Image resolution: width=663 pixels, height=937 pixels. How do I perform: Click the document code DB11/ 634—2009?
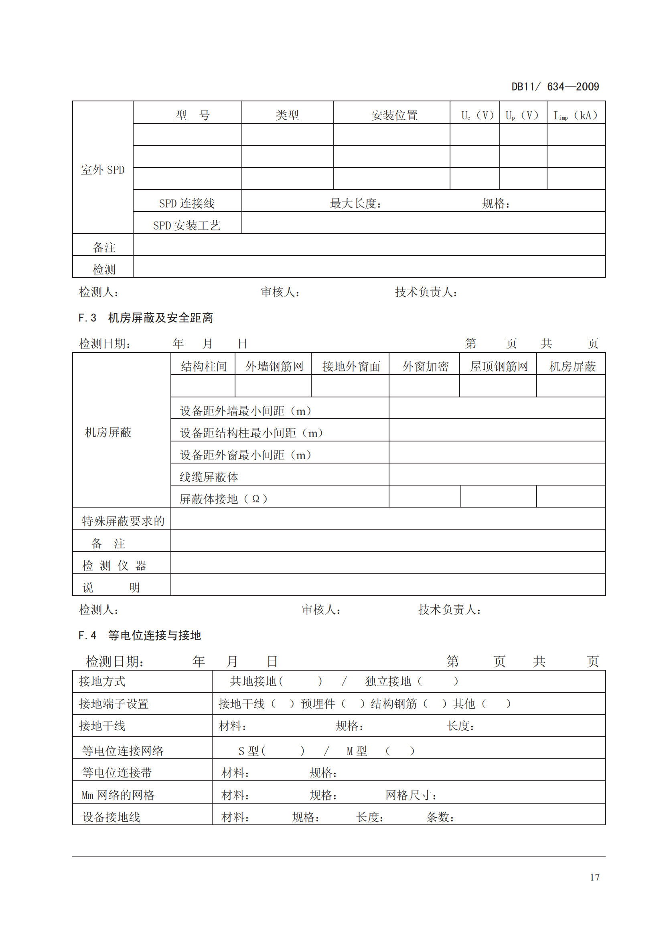tap(555, 87)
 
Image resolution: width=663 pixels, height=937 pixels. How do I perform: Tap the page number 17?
tap(594, 877)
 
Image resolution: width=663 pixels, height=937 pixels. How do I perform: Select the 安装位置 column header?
tap(394, 115)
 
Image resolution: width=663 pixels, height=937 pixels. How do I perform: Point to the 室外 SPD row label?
tap(103, 170)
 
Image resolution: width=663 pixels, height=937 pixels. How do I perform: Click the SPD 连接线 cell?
tap(187, 203)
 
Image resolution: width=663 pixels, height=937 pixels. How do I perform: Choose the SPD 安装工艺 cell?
tap(187, 225)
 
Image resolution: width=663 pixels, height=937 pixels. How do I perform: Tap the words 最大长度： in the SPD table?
tap(355, 203)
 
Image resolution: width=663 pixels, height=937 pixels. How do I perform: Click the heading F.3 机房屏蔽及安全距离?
tap(146, 318)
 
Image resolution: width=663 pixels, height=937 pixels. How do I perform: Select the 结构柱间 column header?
tap(203, 367)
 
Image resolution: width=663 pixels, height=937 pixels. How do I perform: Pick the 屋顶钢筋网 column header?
tap(499, 367)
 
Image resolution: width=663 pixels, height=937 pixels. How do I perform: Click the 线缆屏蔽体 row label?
tap(209, 477)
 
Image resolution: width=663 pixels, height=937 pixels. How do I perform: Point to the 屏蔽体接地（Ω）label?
tap(223, 499)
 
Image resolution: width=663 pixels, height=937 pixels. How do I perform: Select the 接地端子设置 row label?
tap(114, 703)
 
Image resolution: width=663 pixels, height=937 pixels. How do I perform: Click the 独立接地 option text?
tap(388, 681)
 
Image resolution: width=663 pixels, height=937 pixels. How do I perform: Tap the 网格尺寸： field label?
tap(411, 795)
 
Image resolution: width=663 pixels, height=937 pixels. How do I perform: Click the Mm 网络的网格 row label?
tap(118, 795)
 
